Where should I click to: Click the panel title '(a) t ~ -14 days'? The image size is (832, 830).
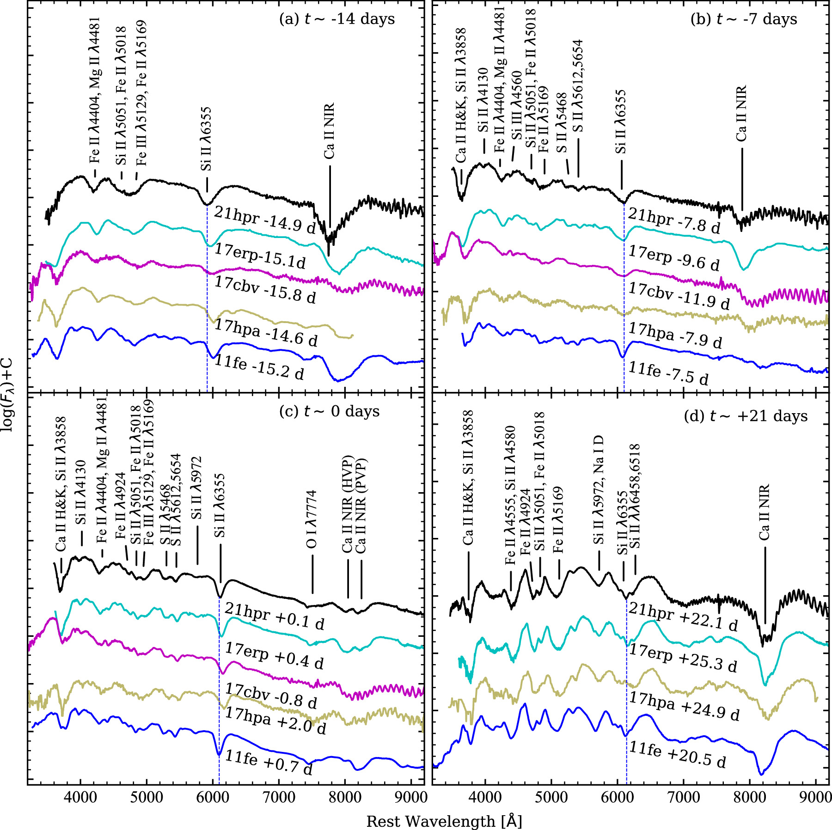pyautogui.click(x=337, y=19)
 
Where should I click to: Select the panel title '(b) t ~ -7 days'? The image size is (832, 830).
pyautogui.click(x=744, y=19)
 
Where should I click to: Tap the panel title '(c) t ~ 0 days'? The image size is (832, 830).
pyautogui.click(x=329, y=411)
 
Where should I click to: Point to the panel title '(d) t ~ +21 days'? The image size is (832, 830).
pyautogui.click(x=746, y=416)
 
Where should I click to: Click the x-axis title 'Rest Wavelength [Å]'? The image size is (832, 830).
pyautogui.click(x=444, y=821)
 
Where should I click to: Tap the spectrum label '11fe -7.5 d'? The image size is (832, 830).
pyautogui.click(x=668, y=373)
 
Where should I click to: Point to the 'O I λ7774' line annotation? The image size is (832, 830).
pyautogui.click(x=312, y=519)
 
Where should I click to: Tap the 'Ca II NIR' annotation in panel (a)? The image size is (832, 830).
pyautogui.click(x=329, y=131)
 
